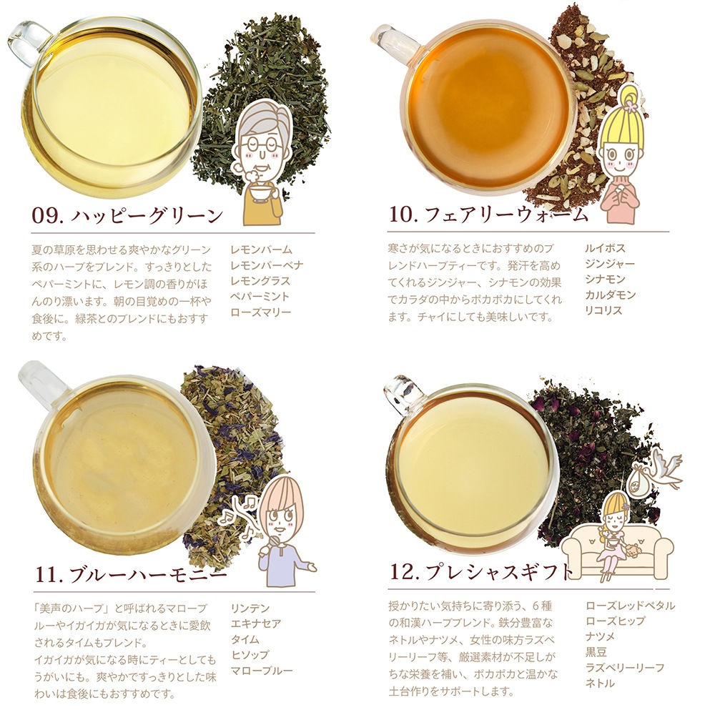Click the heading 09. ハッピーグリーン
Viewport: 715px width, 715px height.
127,215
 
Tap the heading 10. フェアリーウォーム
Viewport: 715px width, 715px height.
488,214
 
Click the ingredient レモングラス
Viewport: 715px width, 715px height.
260,281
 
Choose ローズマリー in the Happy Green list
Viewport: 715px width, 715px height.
260,312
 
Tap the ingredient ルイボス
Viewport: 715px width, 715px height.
605,249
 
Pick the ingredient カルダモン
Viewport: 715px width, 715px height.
610,295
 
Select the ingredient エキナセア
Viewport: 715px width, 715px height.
256,623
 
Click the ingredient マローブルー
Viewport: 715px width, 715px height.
261,671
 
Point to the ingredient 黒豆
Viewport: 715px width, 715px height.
596,653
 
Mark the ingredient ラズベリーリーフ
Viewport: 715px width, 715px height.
625,668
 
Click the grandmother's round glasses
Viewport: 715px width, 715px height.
259,145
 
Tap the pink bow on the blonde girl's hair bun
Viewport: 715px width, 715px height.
631,106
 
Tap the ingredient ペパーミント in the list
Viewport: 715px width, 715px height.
260,297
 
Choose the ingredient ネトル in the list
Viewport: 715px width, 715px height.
600,684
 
